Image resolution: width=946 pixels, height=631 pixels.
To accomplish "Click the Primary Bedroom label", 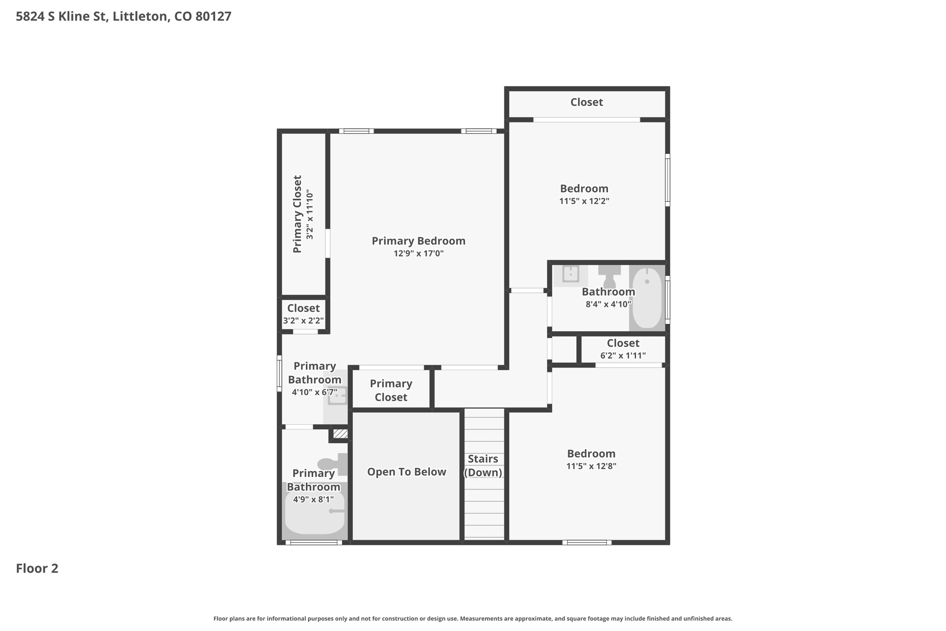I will (x=418, y=241).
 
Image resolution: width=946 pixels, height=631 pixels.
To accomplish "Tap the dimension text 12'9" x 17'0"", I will (x=418, y=253).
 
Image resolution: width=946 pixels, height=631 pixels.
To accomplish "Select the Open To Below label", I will (x=406, y=472).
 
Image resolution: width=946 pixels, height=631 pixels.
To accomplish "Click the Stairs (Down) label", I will (x=483, y=466).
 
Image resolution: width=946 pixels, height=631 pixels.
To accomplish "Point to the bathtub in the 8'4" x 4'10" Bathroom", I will (x=647, y=298).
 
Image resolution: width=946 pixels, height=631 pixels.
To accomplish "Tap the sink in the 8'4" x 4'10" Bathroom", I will (x=571, y=275).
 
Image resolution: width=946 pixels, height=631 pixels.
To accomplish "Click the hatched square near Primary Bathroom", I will (x=340, y=434).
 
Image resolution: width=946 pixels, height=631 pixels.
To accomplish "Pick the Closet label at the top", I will (x=586, y=102).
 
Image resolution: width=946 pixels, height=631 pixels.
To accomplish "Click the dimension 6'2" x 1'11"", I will (x=623, y=355).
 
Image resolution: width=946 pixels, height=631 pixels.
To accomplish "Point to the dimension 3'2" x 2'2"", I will (x=303, y=320).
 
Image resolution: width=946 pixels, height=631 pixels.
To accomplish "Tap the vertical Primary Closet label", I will (x=297, y=214).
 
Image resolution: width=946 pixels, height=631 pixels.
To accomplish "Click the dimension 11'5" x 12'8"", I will (x=591, y=466).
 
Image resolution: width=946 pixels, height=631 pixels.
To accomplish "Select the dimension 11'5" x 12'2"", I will (x=584, y=201).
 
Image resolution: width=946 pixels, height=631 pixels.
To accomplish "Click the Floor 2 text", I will (x=37, y=568).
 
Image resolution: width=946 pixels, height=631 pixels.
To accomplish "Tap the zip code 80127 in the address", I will (x=213, y=17).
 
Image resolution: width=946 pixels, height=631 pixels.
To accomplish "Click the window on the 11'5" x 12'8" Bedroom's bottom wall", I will (x=587, y=542).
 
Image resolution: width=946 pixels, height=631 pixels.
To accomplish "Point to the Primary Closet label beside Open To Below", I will (x=391, y=390).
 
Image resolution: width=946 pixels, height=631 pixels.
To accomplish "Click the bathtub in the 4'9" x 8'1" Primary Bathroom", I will (x=314, y=513).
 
